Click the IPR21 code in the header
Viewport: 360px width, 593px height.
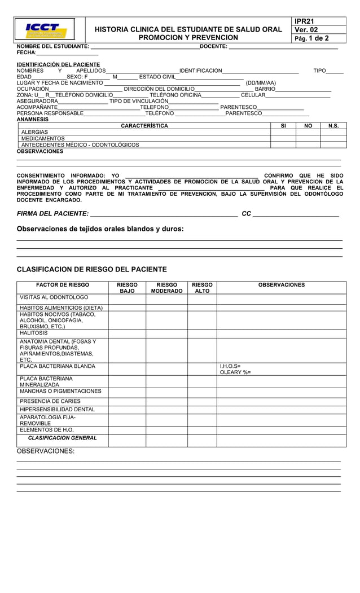click(x=304, y=21)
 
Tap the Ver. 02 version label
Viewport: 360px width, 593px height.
click(x=306, y=30)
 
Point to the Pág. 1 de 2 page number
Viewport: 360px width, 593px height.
click(x=312, y=38)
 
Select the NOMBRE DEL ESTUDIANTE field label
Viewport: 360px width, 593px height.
click(x=53, y=46)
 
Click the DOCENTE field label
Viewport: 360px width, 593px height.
click(x=213, y=46)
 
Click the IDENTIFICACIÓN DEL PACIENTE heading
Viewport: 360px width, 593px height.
click(x=58, y=64)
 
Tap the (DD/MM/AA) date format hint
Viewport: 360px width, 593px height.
click(x=261, y=83)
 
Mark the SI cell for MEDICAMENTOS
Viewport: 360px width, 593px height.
click(x=283, y=138)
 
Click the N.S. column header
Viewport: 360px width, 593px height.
click(x=333, y=126)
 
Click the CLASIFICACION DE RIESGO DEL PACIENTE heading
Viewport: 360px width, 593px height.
click(x=91, y=269)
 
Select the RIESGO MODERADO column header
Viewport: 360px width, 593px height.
click(x=166, y=288)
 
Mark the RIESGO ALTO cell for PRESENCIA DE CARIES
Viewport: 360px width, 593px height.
click(x=202, y=401)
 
